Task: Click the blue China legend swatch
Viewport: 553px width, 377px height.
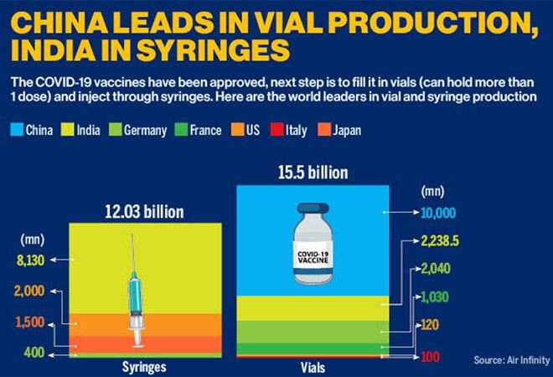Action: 15,131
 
